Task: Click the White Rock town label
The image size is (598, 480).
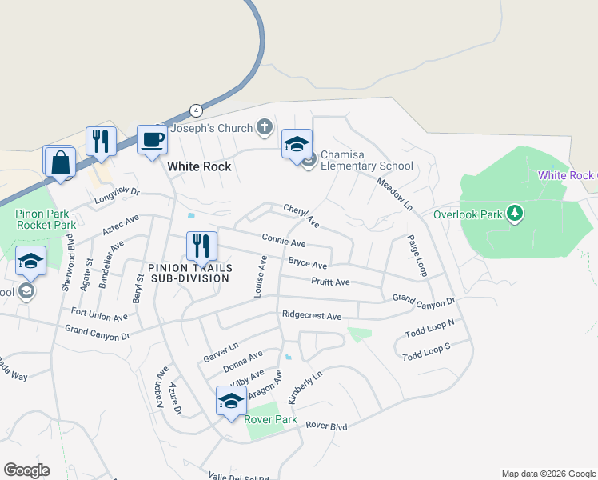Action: [x=199, y=166]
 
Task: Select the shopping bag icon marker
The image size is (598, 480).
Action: [x=60, y=162]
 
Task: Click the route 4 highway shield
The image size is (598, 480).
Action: [x=195, y=110]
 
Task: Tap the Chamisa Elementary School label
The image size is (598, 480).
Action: [x=366, y=161]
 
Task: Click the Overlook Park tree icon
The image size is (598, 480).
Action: [x=516, y=213]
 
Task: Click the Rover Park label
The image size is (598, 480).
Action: [x=270, y=419]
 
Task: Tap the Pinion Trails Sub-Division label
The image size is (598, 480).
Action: [x=189, y=273]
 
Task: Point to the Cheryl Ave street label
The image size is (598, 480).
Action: [x=301, y=214]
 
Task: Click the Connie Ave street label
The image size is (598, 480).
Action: [x=284, y=241]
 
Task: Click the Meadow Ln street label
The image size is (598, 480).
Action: [x=396, y=194]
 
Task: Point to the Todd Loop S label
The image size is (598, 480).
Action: [x=427, y=351]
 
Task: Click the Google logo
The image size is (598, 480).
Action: [x=26, y=470]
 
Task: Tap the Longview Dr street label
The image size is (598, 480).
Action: [x=117, y=193]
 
